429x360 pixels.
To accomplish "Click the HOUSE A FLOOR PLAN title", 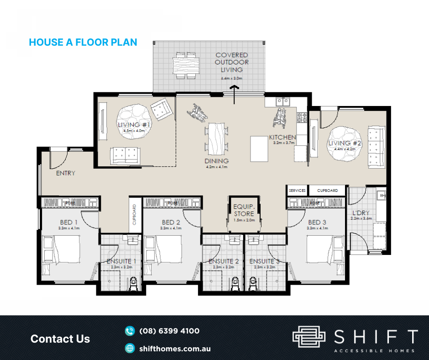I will pos(83,42).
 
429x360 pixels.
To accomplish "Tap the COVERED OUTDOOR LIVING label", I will pos(232,63).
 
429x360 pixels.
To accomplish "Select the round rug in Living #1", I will pos(134,120).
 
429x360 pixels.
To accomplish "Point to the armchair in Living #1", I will pos(161,108).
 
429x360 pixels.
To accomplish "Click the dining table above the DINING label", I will pos(217,138).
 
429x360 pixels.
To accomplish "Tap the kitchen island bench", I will pos(259,148).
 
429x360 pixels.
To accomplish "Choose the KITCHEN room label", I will pos(282,137).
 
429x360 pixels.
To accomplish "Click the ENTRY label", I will pos(65,173).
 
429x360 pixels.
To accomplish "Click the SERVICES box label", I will pos(297,190).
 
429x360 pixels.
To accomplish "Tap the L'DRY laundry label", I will pos(361,213).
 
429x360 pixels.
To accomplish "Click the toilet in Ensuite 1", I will pos(133,284).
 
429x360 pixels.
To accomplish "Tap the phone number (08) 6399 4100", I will pos(169,331).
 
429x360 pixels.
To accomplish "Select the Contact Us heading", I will pos(60,339).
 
